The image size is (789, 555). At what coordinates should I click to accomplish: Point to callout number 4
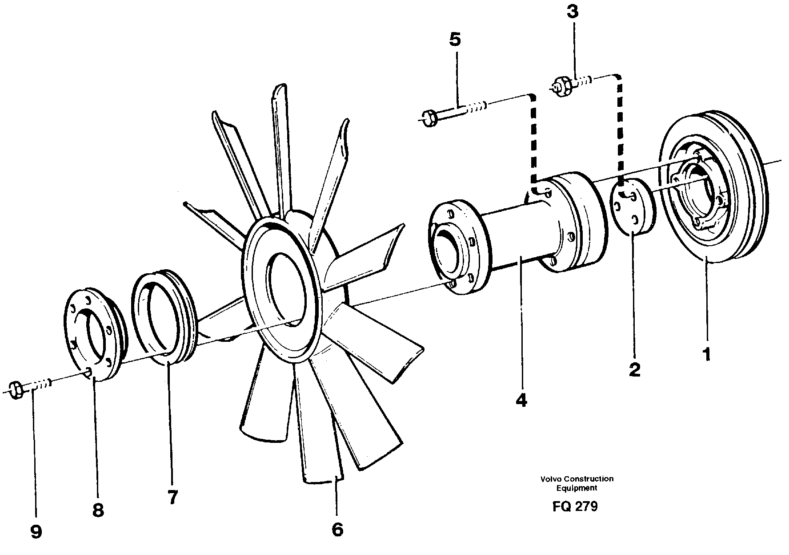pos(521,400)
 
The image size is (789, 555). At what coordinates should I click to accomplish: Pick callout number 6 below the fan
pos(337,529)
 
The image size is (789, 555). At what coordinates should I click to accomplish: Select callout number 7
pos(172,497)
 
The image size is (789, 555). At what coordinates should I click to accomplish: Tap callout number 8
pos(98,510)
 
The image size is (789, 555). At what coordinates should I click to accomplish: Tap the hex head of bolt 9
pos(16,390)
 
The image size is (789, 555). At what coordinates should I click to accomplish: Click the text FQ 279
pos(575,506)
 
